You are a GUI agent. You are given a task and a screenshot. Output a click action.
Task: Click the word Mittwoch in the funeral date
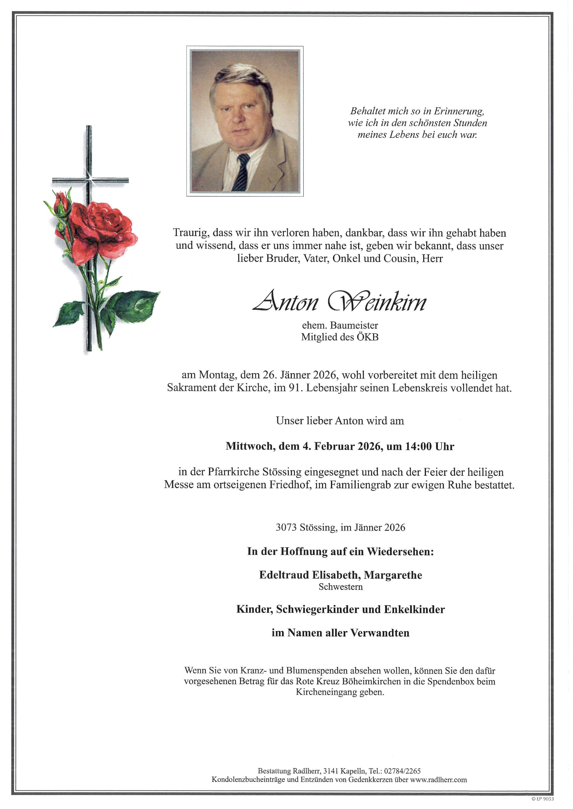click(249, 446)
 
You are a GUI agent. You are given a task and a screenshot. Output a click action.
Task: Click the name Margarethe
click(393, 575)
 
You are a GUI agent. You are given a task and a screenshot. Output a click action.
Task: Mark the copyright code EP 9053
click(544, 799)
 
